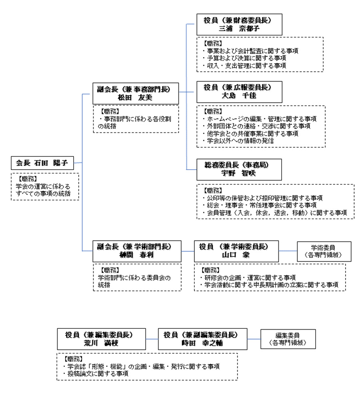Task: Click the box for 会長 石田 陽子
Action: point(42,163)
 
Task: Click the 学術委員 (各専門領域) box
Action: point(323,251)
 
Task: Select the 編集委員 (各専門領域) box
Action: point(288,339)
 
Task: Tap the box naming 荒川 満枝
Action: point(101,339)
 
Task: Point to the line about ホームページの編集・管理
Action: point(260,119)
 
